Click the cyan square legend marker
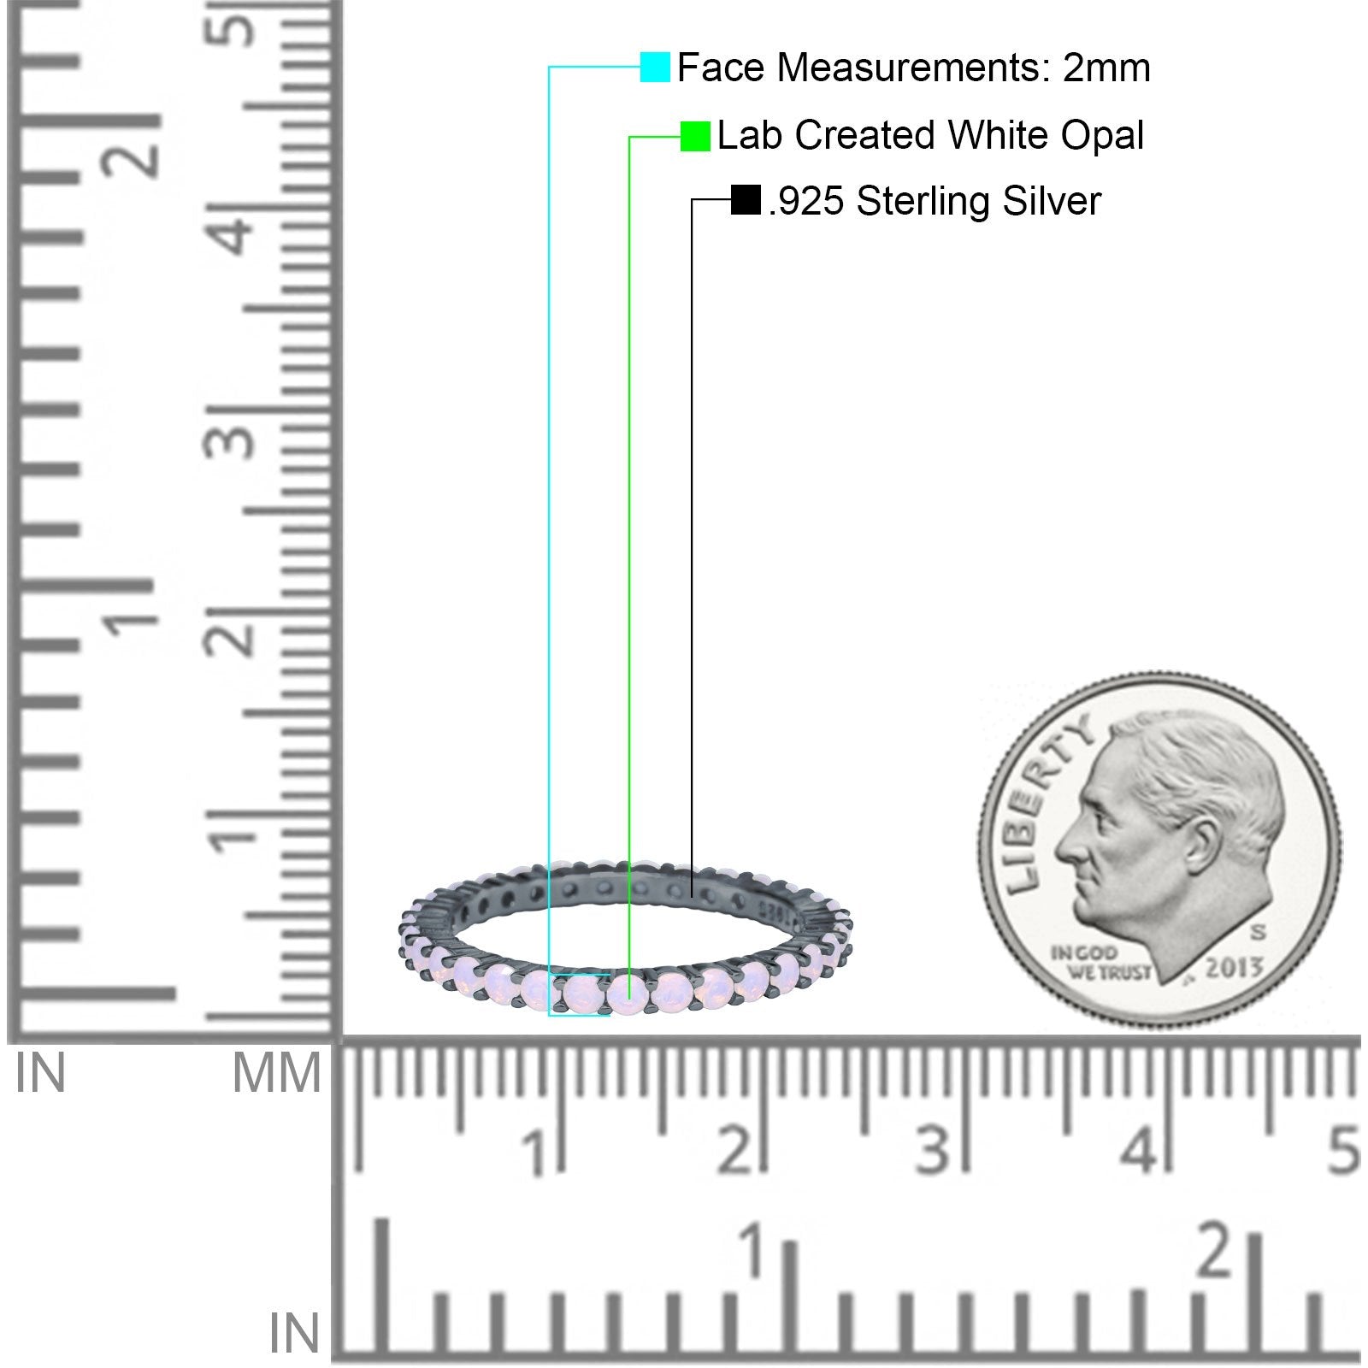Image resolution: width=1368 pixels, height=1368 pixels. point(655,68)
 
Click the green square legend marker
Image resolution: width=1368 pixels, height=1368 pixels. point(695,136)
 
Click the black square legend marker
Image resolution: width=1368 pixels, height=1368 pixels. point(746,200)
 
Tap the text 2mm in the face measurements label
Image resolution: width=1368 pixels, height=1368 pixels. point(1106,68)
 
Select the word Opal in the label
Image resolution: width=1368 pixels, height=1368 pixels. point(1102,136)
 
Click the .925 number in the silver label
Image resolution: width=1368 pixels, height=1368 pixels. point(806,202)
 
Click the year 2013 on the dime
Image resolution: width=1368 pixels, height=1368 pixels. point(1234,968)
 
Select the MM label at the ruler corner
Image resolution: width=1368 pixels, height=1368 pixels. point(275,1074)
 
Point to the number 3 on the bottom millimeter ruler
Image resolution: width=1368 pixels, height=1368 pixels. point(934,1150)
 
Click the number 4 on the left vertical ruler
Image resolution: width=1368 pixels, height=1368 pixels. point(235,235)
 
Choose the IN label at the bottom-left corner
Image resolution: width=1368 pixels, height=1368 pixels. point(294,1334)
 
